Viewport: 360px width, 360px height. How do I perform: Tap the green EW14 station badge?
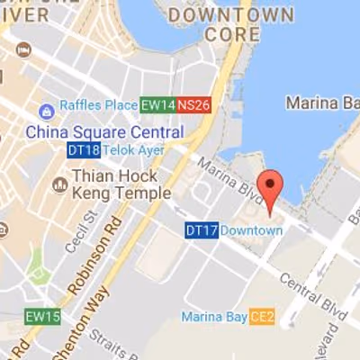157,105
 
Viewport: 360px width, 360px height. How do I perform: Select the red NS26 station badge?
193,105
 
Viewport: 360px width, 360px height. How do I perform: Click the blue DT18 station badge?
82,150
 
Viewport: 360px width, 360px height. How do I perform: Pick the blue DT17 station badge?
202,230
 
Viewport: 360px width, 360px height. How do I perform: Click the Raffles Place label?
98,106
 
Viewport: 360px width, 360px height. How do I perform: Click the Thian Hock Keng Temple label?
120,184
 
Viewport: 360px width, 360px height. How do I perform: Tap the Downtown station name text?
252,230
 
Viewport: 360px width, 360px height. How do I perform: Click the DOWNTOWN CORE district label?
232,24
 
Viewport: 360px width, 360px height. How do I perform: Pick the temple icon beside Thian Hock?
60,184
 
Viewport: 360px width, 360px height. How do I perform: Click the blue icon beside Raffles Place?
46,111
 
